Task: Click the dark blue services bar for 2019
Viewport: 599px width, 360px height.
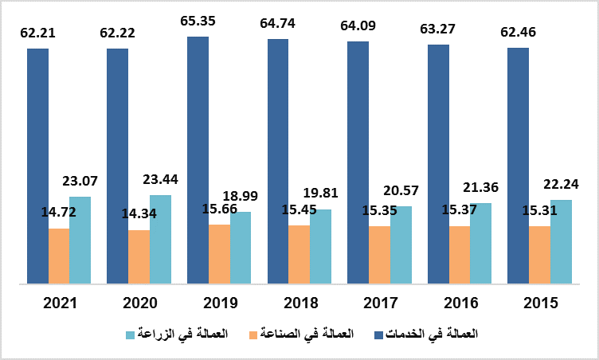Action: pyautogui.click(x=198, y=159)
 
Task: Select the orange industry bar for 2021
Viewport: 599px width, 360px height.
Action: pyautogui.click(x=59, y=256)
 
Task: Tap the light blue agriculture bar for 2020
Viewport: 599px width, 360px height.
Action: pyautogui.click(x=160, y=239)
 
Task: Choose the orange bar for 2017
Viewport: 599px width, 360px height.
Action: pyautogui.click(x=379, y=255)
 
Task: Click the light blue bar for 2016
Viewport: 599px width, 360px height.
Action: pyautogui.click(x=480, y=243)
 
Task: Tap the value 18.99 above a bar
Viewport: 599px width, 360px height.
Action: pyautogui.click(x=241, y=196)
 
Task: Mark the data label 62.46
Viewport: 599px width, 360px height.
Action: pyautogui.click(x=519, y=33)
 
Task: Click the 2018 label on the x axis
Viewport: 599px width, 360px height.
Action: pyautogui.click(x=300, y=303)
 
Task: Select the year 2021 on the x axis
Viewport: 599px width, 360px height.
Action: pyautogui.click(x=61, y=303)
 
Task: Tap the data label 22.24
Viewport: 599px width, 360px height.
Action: pyautogui.click(x=561, y=184)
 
